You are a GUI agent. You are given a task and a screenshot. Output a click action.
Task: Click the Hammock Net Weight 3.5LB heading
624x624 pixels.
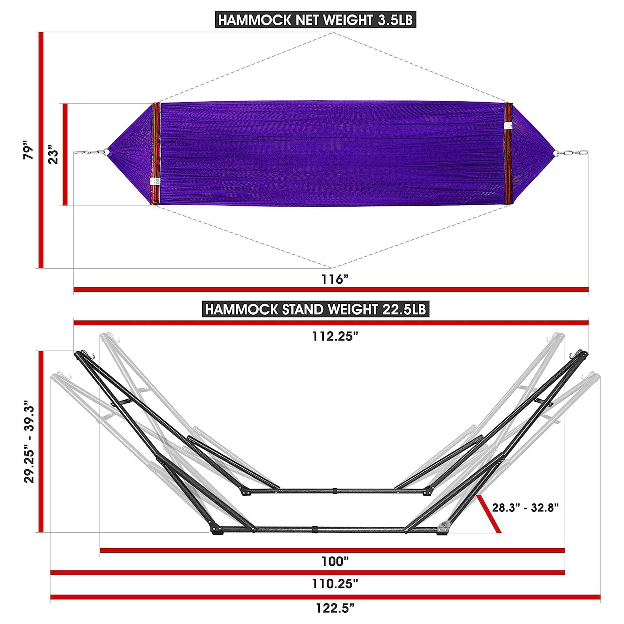click(315, 20)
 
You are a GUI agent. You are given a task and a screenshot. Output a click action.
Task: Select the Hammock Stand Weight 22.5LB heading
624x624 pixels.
click(315, 310)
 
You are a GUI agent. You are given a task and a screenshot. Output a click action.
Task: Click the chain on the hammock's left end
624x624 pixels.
click(89, 152)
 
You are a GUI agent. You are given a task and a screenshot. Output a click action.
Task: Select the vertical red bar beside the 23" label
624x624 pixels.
click(66, 154)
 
